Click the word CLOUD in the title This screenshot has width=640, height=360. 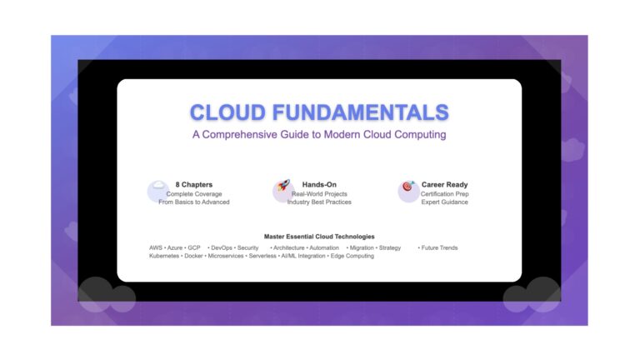(x=227, y=112)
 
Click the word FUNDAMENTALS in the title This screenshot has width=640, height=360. (x=360, y=112)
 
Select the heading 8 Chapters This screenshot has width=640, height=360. (x=194, y=184)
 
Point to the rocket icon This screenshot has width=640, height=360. (x=283, y=185)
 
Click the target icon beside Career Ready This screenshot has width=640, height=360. (x=408, y=186)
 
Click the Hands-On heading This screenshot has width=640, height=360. (x=319, y=184)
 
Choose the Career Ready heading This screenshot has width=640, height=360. (x=444, y=184)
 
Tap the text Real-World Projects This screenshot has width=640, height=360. (x=319, y=194)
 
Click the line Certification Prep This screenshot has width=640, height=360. (x=444, y=194)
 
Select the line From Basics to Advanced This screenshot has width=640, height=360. (x=194, y=202)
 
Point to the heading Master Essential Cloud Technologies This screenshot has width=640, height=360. (x=319, y=237)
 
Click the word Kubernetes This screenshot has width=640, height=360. (x=164, y=256)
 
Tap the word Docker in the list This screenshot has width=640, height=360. (x=193, y=256)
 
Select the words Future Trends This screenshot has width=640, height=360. (x=440, y=247)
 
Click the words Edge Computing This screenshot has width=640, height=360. (x=352, y=256)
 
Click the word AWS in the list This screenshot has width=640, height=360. (x=156, y=247)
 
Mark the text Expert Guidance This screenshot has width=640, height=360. (x=444, y=202)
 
